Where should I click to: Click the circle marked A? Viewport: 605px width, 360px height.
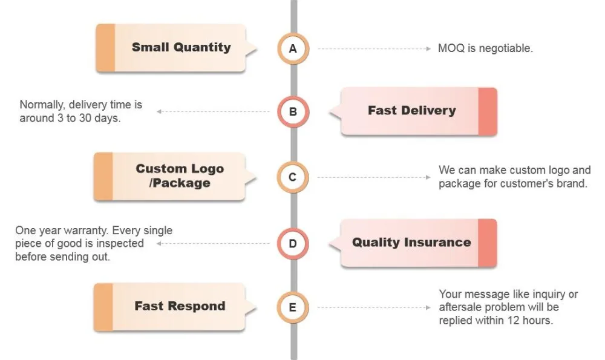click(293, 48)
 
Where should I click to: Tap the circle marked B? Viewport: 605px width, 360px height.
click(293, 111)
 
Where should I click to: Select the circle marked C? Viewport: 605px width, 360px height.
click(293, 177)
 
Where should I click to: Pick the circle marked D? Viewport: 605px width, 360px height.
click(293, 243)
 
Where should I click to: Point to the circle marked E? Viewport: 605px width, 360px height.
click(293, 307)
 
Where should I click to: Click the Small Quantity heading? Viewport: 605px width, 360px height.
click(181, 47)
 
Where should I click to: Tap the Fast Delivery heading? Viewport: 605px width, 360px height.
click(411, 110)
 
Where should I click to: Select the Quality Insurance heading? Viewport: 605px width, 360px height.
click(411, 242)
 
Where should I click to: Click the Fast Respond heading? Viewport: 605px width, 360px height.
click(180, 306)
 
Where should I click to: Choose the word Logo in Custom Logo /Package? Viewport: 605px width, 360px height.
click(207, 169)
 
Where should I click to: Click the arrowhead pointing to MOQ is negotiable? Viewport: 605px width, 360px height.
click(428, 48)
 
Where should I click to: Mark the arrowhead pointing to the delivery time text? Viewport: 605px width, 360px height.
click(159, 111)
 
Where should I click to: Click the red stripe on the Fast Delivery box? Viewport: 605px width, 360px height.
click(488, 111)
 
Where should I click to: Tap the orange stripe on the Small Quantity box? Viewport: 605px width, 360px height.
click(105, 48)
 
